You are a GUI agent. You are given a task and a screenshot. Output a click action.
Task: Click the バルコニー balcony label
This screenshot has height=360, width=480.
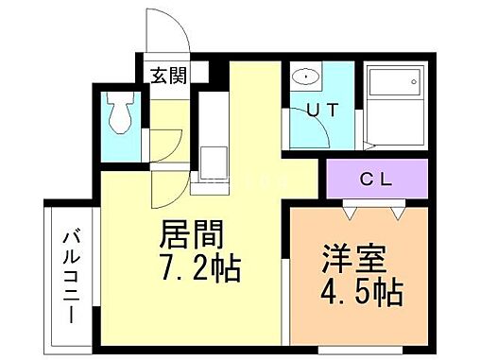72,276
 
